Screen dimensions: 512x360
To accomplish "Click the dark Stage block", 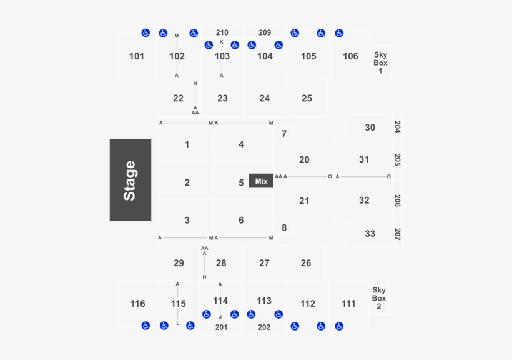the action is (130, 180).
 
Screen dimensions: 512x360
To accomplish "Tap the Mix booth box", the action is (261, 181).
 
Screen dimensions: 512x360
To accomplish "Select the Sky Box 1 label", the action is (380, 62).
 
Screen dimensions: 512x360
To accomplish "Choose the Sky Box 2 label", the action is (379, 298).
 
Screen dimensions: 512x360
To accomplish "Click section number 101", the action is (137, 56).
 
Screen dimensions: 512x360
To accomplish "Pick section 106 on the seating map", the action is (350, 56).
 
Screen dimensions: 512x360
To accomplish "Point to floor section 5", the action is (241, 182).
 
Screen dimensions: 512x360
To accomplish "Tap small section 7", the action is (284, 134).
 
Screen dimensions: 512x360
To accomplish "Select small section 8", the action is (284, 227).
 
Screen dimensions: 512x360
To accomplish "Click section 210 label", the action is (222, 32).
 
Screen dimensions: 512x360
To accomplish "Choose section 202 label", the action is (264, 327).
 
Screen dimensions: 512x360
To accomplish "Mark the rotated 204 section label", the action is (397, 127).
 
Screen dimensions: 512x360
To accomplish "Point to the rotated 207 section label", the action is (397, 234).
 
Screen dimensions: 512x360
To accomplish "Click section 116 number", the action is (137, 304).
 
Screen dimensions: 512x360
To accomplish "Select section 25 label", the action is (307, 98).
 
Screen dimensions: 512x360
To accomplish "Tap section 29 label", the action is (179, 263).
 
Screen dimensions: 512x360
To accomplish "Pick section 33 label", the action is (370, 234).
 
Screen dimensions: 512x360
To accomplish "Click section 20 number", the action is (304, 159).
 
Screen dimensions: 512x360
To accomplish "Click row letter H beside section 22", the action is (195, 83).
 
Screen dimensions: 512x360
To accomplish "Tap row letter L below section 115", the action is (177, 323).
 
